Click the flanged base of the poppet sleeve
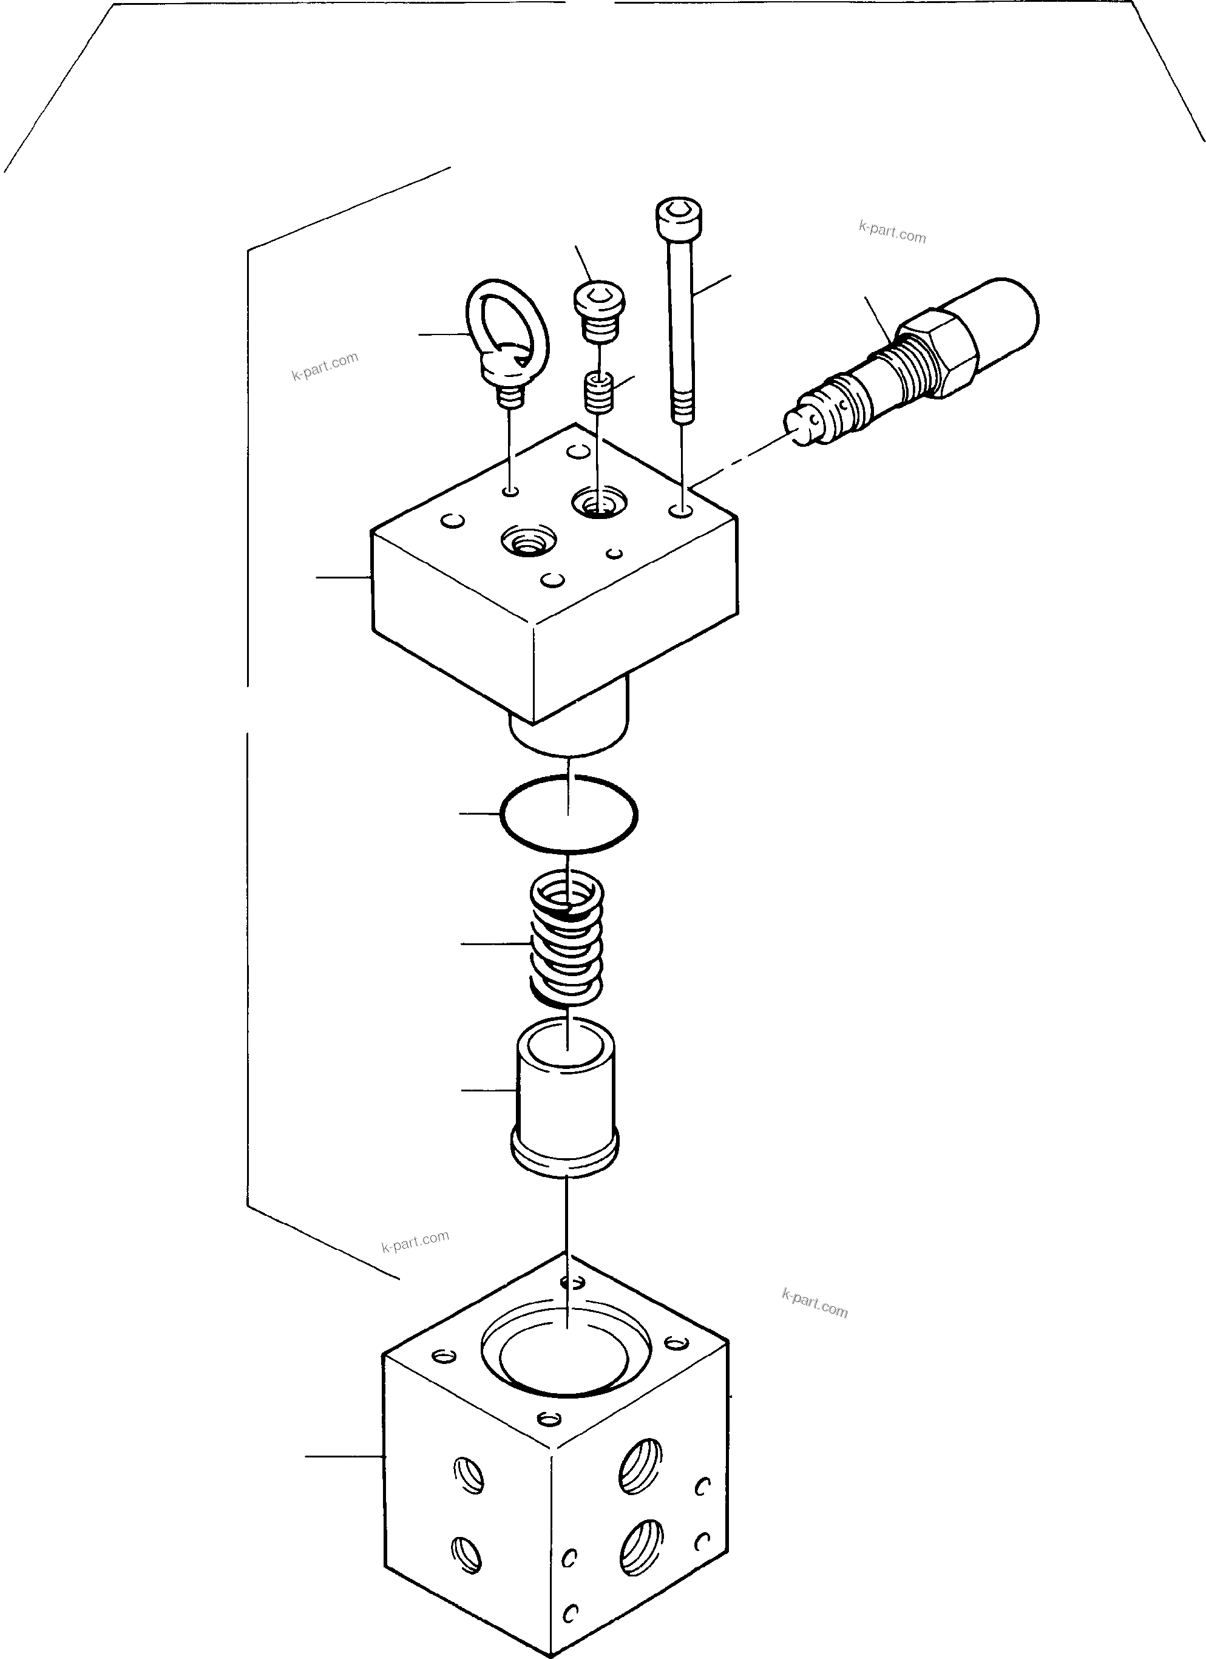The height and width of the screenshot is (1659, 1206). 565,1156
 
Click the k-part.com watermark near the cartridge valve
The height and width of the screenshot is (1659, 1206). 892,232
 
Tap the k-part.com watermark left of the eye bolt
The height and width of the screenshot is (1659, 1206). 325,367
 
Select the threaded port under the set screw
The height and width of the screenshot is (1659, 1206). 599,503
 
